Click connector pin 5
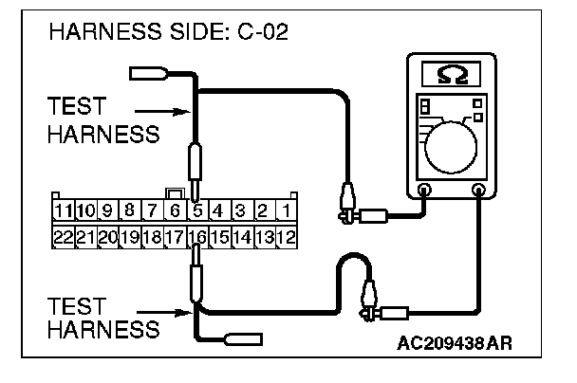click(x=196, y=210)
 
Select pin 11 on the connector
click(x=63, y=210)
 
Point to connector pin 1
click(x=285, y=210)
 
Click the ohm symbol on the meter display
click(x=451, y=73)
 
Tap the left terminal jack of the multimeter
click(x=424, y=191)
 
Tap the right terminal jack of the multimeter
click(x=478, y=191)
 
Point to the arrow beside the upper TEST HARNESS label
click(x=176, y=111)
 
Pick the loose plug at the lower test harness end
click(x=236, y=337)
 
